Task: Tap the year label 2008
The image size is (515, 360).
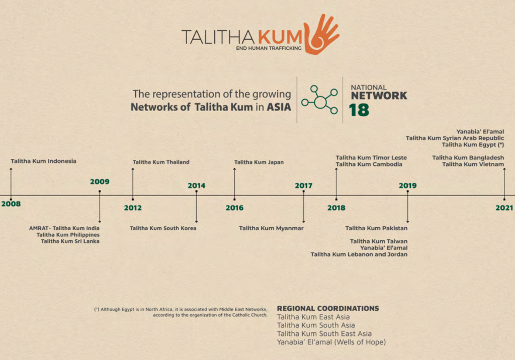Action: pos(11,204)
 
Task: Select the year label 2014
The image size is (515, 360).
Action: pos(197,186)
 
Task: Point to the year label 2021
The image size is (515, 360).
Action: pos(504,208)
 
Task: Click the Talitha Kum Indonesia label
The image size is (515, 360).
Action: pos(43,161)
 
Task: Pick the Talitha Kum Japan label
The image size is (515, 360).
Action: pos(259,162)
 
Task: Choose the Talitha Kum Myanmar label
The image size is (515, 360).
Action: pos(271,228)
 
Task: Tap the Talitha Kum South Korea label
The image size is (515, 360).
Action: pos(163,228)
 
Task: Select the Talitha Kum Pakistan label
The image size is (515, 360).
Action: pos(376,228)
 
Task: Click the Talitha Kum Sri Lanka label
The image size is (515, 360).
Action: pos(70,241)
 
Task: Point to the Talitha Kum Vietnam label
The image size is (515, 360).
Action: pos(473,164)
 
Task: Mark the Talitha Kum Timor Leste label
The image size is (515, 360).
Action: pos(371,158)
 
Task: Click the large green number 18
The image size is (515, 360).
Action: pos(359,110)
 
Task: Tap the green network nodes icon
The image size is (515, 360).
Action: pos(319,100)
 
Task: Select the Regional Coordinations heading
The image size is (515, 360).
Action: pos(328,308)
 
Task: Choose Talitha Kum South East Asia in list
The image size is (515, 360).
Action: pos(324,334)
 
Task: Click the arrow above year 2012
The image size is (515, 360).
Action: pos(133,184)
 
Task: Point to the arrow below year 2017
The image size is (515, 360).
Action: pos(303,207)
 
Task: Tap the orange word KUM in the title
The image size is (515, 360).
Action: pos(280,37)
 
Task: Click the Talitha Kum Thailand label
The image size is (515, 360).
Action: pos(161,162)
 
